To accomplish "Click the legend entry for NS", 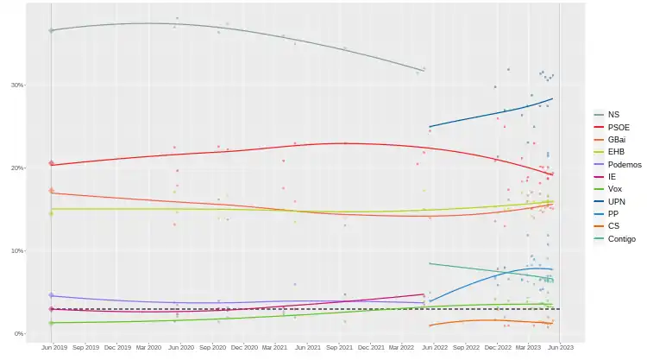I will (x=612, y=115).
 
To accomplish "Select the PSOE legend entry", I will (x=618, y=127).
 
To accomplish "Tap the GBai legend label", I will (x=617, y=139).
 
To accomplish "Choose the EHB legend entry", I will (x=615, y=152).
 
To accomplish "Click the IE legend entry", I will (x=611, y=176).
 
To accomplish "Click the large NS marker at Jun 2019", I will (x=51, y=30).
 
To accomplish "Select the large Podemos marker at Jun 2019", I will (x=51, y=295).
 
